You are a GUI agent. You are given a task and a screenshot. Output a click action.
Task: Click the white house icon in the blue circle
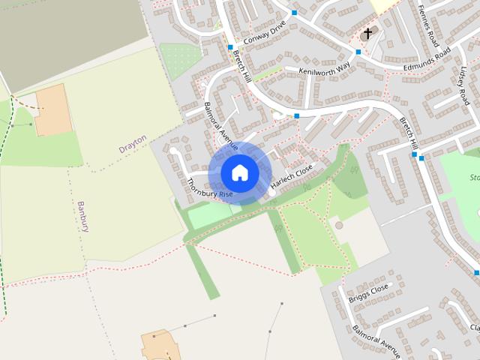[x=239, y=172]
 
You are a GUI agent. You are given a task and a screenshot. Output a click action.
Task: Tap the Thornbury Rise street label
[x=210, y=188]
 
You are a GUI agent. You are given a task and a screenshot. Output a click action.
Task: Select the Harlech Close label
[x=292, y=177]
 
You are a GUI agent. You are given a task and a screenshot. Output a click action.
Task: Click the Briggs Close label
[x=368, y=293]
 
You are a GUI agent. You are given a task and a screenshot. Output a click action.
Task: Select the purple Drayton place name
[x=133, y=145]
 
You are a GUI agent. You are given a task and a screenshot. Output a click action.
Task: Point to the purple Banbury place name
[x=83, y=216]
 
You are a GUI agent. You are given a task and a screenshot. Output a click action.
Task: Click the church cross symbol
[x=367, y=34]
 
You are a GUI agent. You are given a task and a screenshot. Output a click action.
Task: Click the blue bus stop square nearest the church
[x=358, y=52]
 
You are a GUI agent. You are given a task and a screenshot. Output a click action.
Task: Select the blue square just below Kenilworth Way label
[x=297, y=115]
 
